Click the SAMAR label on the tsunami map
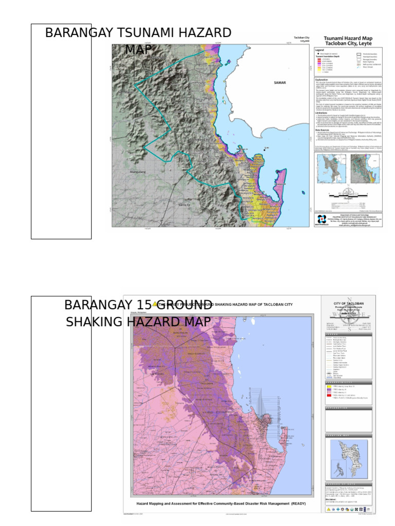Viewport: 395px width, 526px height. click(280, 82)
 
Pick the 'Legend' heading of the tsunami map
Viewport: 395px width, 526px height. click(320, 50)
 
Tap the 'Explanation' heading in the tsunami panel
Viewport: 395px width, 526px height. click(322, 81)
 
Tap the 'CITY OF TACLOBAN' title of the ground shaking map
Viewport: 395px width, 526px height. click(348, 304)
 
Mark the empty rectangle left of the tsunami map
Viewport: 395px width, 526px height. click(61, 131)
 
